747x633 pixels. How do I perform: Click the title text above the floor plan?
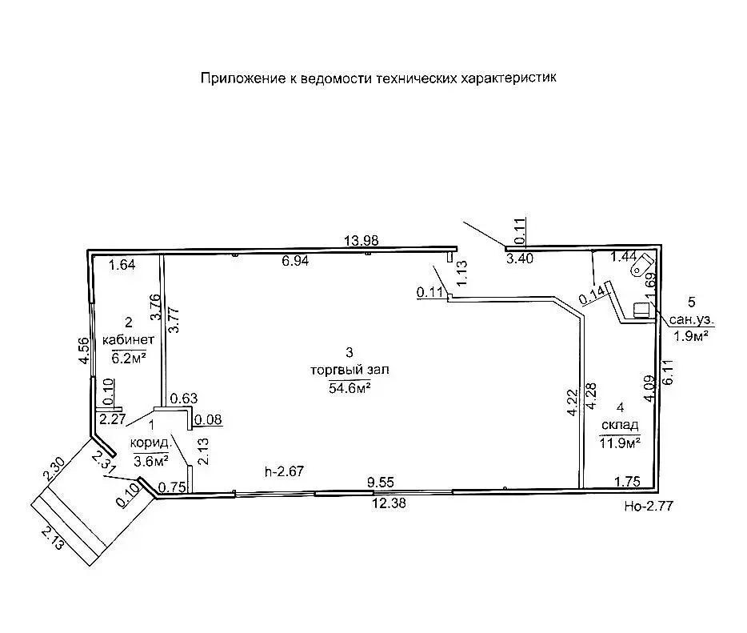[x=377, y=78]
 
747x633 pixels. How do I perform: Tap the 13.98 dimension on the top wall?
[x=361, y=240]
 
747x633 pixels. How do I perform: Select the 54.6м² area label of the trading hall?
[x=349, y=387]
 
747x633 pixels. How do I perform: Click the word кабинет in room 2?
[x=128, y=339]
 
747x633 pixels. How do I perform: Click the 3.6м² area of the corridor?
[x=150, y=461]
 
